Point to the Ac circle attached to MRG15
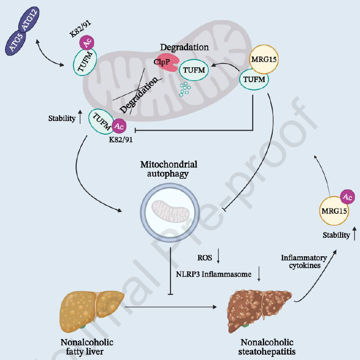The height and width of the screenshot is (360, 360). (x=348, y=197)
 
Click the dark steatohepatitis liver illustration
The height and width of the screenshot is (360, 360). (x=259, y=309)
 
